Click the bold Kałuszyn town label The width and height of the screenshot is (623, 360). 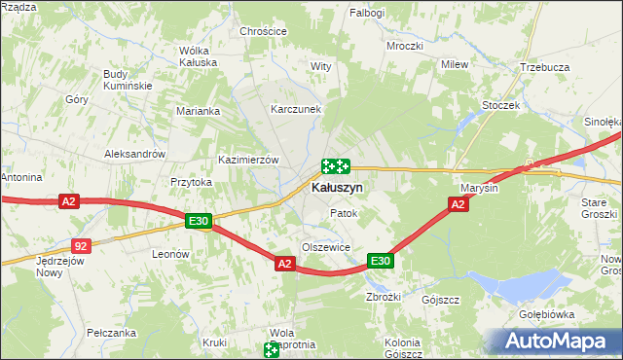(x=337, y=187)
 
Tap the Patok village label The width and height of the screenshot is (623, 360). (x=344, y=213)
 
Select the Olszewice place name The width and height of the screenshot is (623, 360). (x=325, y=247)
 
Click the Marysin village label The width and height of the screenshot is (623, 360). (x=478, y=188)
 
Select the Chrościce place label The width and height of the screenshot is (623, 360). (x=264, y=31)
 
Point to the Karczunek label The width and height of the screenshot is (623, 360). (x=296, y=109)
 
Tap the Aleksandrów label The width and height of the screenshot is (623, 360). (x=134, y=155)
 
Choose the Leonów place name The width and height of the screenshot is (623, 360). (x=169, y=253)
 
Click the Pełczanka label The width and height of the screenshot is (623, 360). (x=109, y=332)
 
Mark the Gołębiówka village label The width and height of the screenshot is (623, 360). (x=546, y=315)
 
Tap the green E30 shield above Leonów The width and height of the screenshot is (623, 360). (x=199, y=222)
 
